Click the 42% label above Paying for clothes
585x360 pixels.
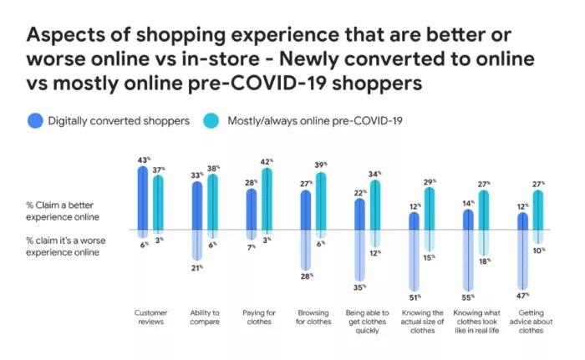tap(267, 162)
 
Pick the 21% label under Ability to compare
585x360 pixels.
tap(198, 267)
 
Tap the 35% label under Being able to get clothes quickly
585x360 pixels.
tap(359, 286)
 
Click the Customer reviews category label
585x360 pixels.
tap(151, 317)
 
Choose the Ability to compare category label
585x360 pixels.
tap(206, 317)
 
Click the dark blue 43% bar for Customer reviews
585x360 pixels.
tap(143, 197)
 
